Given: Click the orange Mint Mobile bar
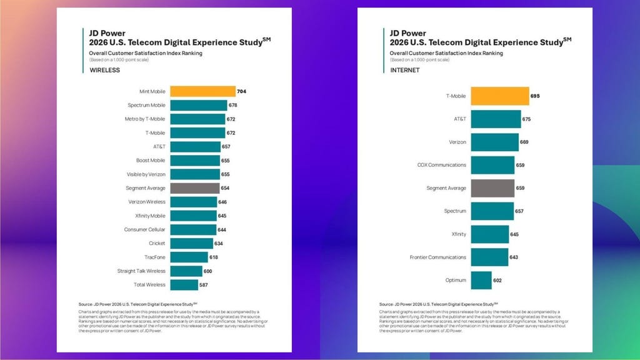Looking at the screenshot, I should (202, 91).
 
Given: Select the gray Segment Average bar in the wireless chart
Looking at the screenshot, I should (194, 188).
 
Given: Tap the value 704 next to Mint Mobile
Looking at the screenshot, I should (242, 91).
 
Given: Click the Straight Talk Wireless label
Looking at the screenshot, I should (141, 271).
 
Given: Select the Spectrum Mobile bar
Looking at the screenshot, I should (198, 105).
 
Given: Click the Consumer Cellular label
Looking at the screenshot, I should (145, 229).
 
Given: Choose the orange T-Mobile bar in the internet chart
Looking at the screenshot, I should (499, 96).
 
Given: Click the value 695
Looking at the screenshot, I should (535, 96).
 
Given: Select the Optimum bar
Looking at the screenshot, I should (481, 280).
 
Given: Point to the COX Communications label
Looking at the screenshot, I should (442, 165).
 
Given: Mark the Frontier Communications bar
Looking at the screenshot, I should (489, 257).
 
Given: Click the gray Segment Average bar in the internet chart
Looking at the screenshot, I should (492, 188).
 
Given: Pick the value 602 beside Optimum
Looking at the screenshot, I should (498, 280).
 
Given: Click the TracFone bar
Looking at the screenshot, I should (189, 257).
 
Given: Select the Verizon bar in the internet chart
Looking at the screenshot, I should (494, 142).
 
